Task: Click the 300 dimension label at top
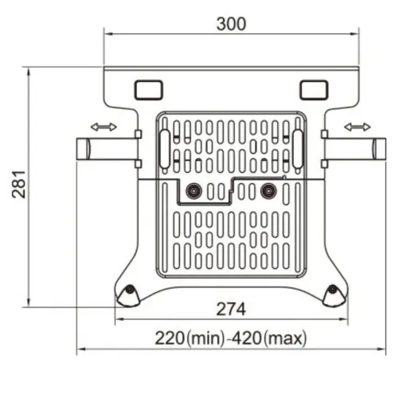coord(232,24)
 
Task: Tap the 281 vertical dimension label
coord(19,185)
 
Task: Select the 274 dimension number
coord(231,310)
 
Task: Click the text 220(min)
coord(189,338)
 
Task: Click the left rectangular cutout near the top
coord(148,90)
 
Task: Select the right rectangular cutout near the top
coord(314,90)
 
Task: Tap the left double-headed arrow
coord(103,127)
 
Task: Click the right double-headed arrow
coord(357,127)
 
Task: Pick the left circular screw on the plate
coord(193,191)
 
